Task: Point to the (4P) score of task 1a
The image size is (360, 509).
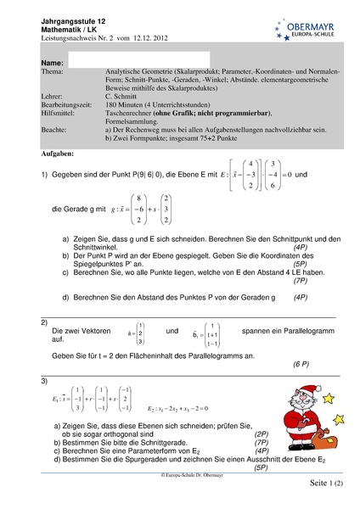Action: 302,245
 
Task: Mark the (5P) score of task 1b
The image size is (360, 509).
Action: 302,263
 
